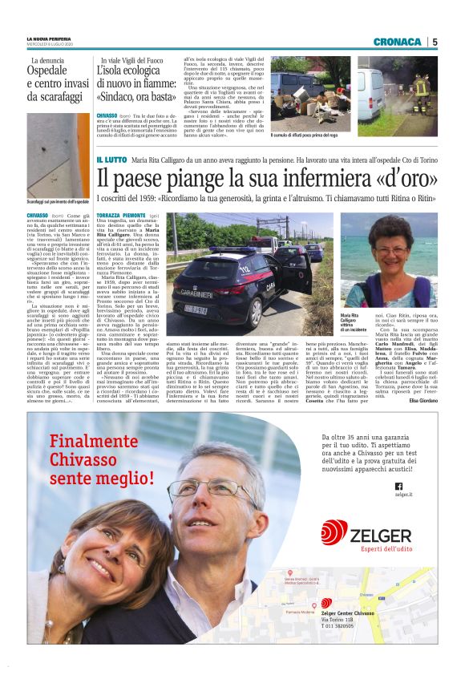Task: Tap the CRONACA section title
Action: [398, 42]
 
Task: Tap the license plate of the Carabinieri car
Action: [196, 308]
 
